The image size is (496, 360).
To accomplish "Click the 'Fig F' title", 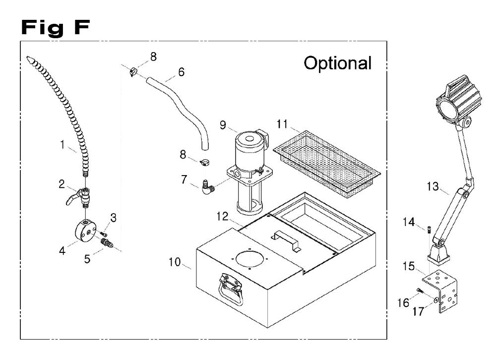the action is pos(56,28).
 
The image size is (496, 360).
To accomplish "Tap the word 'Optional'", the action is pos(337,63).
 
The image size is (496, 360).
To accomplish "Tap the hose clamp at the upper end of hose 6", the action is pos(133,71).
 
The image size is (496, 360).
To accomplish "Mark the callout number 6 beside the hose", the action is pos(181,72).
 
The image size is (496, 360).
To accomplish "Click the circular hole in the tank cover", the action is pos(251,258).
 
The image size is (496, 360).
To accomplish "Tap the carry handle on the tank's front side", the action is pos(230,289).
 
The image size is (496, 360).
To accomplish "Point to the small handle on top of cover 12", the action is pos(286,240).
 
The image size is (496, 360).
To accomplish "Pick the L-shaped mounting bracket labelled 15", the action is pos(440,291).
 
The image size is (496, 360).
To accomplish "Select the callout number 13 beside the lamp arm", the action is pos(433,186).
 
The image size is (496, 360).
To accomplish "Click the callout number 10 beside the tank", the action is pos(174,262).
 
